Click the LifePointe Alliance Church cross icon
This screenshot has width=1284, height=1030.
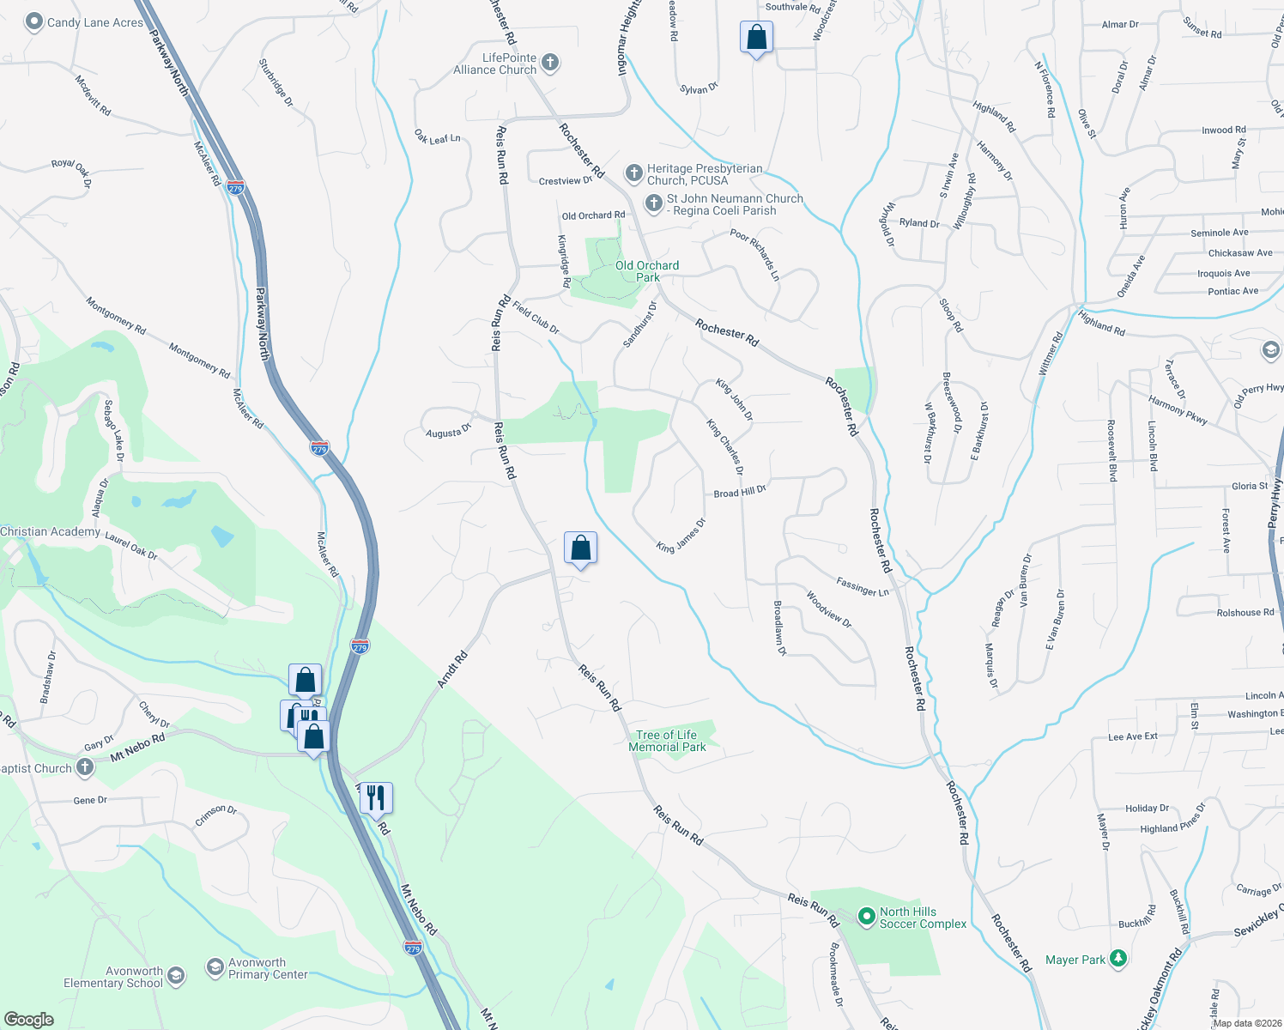point(550,63)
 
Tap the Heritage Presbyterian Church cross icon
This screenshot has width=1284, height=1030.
point(633,174)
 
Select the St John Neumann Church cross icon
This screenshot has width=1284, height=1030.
point(653,204)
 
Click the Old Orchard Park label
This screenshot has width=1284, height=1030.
point(647,271)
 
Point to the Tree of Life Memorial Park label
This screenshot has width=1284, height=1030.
point(667,741)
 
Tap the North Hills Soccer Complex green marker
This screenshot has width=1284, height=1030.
point(866,918)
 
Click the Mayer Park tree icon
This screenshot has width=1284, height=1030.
point(1117,959)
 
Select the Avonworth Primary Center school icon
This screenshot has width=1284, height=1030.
point(215,968)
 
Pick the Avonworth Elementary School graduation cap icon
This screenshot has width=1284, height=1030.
point(176,976)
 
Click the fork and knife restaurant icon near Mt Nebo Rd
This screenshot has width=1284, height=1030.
point(376,797)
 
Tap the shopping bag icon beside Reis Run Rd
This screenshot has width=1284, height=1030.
point(580,548)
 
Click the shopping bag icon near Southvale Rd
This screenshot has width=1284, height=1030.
point(756,38)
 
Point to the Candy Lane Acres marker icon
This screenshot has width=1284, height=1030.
point(33,22)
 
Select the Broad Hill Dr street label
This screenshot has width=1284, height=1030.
point(740,492)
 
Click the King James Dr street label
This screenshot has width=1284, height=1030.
point(681,536)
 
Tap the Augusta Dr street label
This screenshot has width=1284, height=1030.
point(449,432)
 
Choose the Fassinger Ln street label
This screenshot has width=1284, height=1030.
point(863,588)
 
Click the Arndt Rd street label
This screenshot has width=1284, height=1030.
point(452,669)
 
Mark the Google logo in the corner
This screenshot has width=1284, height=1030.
point(28,1019)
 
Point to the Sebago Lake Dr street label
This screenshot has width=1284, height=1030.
point(114,430)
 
